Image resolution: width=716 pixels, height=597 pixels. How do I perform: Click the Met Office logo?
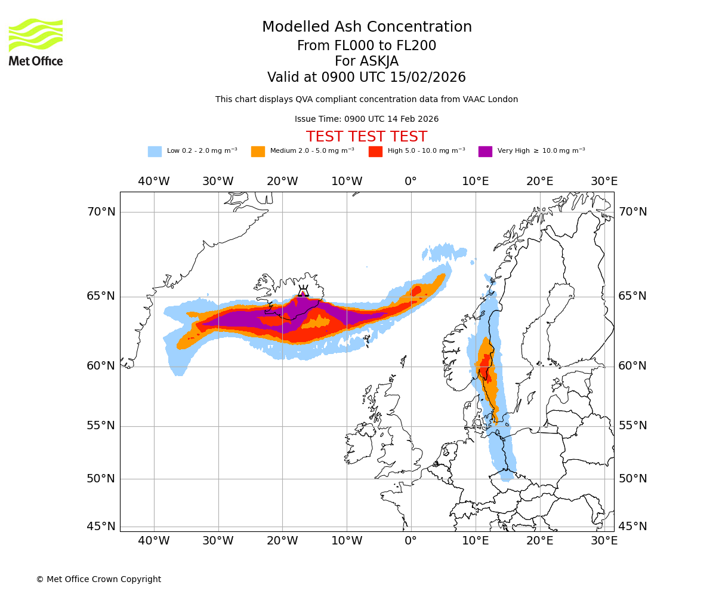[x=36, y=42]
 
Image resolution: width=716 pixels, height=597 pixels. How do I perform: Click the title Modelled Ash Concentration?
[x=367, y=27]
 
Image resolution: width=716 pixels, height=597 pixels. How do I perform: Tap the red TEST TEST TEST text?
[x=366, y=137]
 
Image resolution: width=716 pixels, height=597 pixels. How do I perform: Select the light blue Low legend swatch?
[x=155, y=152]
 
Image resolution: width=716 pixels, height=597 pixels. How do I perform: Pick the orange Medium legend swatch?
[x=258, y=152]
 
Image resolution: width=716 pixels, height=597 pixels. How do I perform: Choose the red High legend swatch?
[x=375, y=152]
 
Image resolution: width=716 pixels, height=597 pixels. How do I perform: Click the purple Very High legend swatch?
[x=485, y=152]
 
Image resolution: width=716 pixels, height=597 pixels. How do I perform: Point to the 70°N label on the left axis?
[x=101, y=212]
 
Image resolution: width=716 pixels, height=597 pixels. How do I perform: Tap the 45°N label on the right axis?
[x=633, y=527]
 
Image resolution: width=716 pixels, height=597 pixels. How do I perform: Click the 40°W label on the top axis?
[x=154, y=181]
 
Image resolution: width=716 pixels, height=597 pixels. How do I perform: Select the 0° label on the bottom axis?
[x=411, y=541]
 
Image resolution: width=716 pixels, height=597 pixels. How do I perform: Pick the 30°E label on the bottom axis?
[x=604, y=541]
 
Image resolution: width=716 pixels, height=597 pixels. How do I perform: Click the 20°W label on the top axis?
[x=282, y=181]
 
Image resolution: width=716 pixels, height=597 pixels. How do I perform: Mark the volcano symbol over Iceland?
[x=303, y=291]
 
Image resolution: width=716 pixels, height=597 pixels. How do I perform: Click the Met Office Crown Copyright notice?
[x=98, y=580]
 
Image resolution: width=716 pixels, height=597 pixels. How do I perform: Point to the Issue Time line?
[x=366, y=119]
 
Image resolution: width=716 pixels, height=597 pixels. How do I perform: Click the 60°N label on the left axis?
[x=101, y=366]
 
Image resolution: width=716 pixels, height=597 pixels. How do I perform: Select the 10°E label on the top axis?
[x=476, y=181]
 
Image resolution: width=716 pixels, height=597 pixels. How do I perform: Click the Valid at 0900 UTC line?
[x=366, y=78]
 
